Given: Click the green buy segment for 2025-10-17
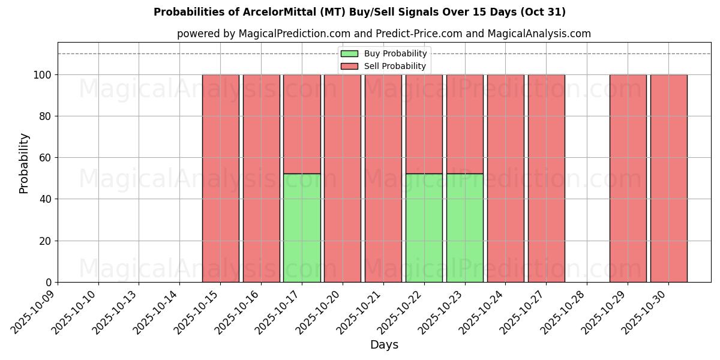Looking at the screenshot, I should coord(302,228).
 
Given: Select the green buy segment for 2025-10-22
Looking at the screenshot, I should coord(424,228).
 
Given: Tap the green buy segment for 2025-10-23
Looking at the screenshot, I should coord(465,228).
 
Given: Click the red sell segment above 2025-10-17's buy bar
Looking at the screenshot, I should coord(302,124).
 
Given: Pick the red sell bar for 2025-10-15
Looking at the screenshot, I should coord(220,178).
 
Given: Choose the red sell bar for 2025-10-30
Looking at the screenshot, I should coord(668,178).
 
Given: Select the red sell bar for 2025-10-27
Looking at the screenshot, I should coord(546,178).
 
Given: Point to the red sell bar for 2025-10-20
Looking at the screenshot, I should coord(343,178).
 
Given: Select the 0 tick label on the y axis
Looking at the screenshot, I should coord(49,283).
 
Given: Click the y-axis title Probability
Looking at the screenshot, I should coord(24,163).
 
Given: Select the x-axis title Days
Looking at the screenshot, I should coord(384,345).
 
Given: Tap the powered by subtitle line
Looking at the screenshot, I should coord(384,34).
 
